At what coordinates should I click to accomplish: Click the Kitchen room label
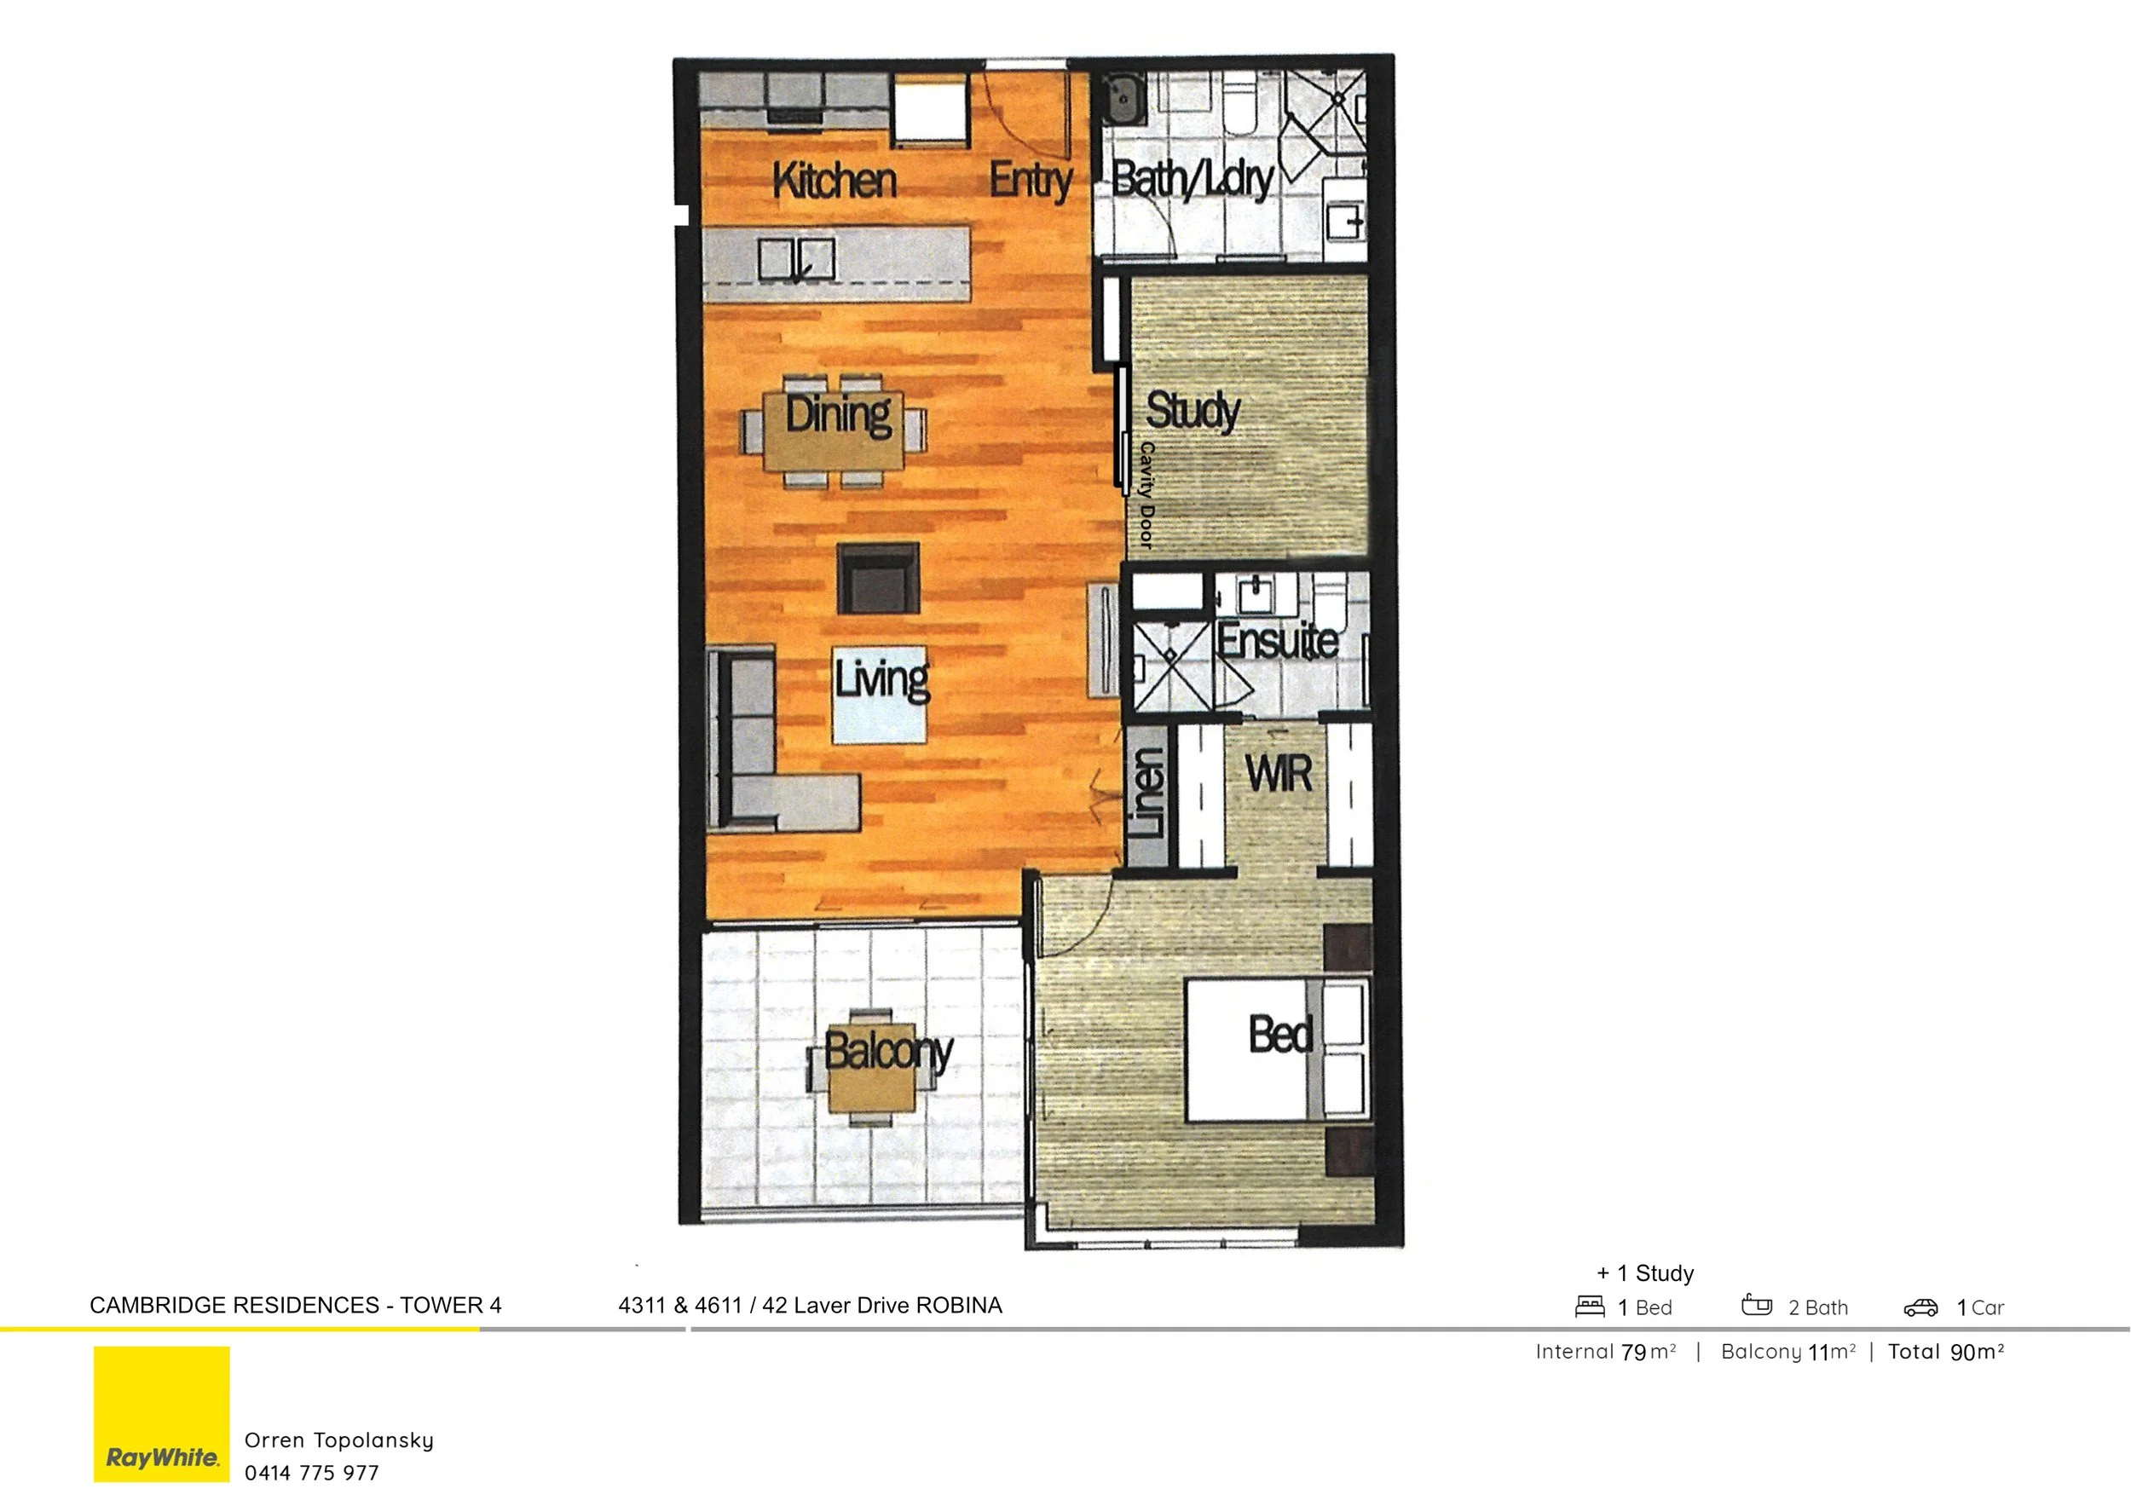coord(834,180)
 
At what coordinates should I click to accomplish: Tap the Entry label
coord(1031,180)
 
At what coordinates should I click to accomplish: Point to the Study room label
coord(1193,410)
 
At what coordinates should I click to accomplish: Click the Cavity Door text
coord(1147,494)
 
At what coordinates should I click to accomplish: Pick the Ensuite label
coord(1277,640)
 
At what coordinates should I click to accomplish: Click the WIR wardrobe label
coord(1279,774)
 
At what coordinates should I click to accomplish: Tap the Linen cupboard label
coord(1148,793)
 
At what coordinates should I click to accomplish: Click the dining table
coord(834,432)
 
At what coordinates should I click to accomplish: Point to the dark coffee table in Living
coord(878,578)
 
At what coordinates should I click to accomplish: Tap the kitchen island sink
coord(796,259)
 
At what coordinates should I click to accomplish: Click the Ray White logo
coord(161,1413)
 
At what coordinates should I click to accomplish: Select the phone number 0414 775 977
coord(312,1473)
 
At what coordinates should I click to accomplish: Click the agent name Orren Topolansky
coord(338,1440)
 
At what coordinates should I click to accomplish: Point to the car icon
coord(1920,1307)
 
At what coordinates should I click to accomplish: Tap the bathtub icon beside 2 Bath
coord(1756,1306)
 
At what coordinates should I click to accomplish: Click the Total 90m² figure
coord(1945,1352)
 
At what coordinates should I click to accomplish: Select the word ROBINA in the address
coord(959,1306)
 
